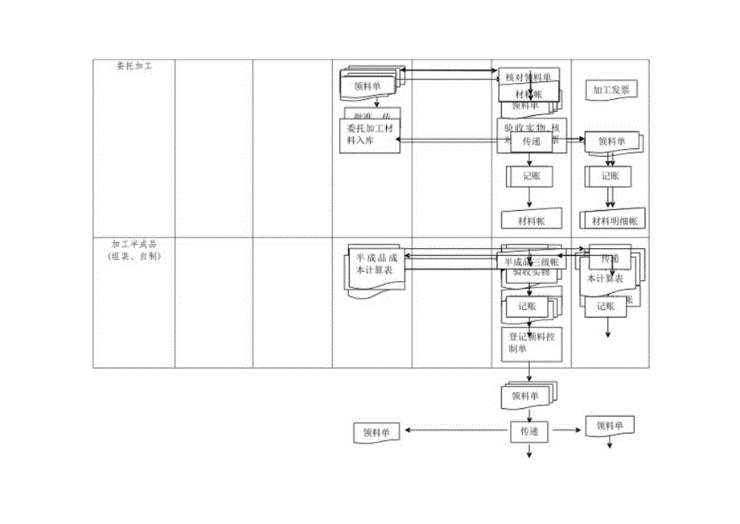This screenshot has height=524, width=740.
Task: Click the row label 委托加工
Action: tap(134, 67)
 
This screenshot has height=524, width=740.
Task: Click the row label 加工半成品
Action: tap(134, 244)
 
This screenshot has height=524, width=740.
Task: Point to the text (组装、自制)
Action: tap(134, 256)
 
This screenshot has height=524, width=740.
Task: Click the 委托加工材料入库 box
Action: tap(370, 134)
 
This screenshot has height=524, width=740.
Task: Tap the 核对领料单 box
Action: tap(528, 76)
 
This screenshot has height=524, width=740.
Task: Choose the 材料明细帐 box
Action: tap(614, 221)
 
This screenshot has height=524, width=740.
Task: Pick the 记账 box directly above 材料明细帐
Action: tap(609, 176)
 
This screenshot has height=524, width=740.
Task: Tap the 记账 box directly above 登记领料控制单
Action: tap(529, 306)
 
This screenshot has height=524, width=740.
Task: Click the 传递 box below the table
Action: tap(529, 431)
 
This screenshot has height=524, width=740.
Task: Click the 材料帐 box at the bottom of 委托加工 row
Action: tap(528, 221)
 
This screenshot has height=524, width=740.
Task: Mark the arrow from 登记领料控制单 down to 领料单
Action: tap(529, 373)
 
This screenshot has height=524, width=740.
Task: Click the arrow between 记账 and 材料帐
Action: tap(528, 198)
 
